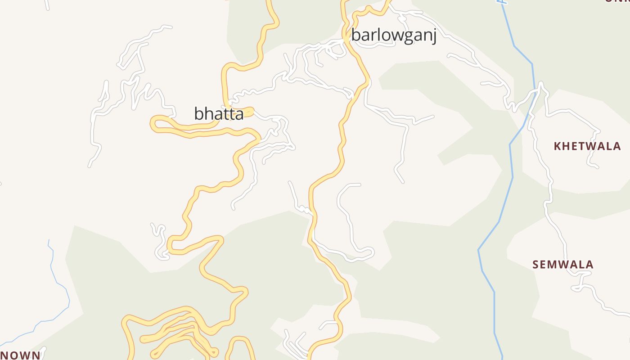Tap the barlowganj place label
pos(394,36)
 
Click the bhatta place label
pos(219,113)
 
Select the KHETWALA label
pos(587,146)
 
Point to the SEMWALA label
pos(563,265)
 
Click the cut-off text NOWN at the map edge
pos(21,355)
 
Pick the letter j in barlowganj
pos(434,36)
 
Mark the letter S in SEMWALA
pos(536,265)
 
